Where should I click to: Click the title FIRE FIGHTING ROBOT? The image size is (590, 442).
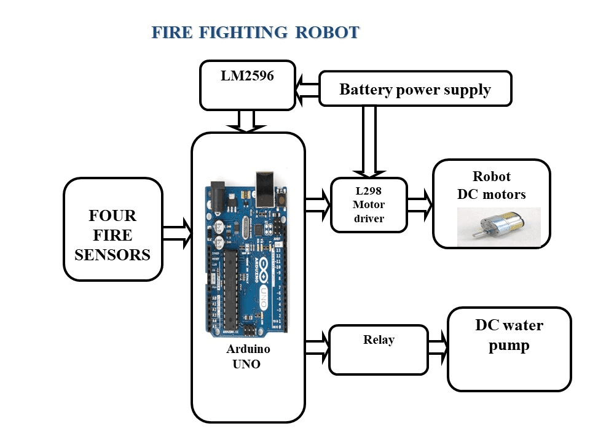tap(255, 33)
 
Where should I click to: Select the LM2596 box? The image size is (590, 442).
tap(248, 85)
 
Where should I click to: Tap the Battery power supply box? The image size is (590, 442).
tap(415, 89)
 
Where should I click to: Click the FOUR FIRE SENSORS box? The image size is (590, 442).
tap(112, 229)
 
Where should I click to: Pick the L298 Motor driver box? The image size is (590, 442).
tap(369, 204)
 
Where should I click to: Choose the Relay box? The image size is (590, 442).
tap(378, 349)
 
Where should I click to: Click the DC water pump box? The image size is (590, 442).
tap(509, 349)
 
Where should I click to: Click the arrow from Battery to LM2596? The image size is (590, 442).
tap(307, 89)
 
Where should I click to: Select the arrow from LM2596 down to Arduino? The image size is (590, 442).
tap(246, 121)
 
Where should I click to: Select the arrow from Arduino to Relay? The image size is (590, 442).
tap(317, 346)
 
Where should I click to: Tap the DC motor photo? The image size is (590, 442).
tap(498, 227)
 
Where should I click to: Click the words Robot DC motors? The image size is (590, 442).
tap(491, 185)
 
